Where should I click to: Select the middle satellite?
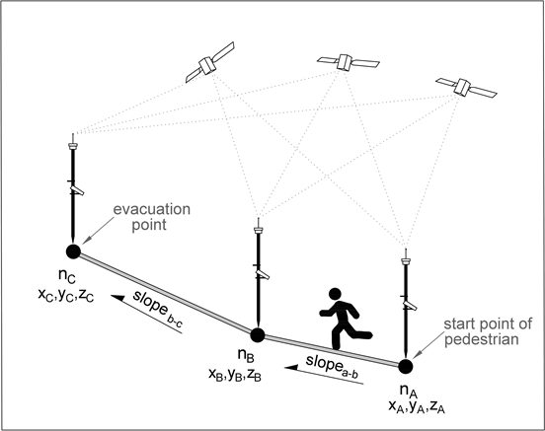347,61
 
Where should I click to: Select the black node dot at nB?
257,334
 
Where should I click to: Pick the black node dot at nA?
405,366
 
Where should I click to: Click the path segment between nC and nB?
164,293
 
